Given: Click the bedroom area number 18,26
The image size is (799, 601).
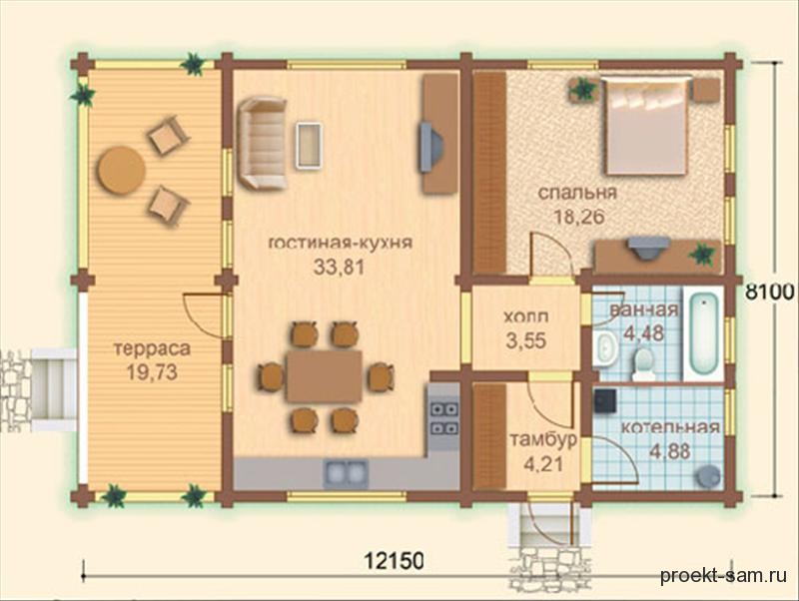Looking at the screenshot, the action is (x=578, y=217).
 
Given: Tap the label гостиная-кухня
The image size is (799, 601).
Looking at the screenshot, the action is (x=340, y=243).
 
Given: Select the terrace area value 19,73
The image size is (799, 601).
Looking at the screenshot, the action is (x=152, y=372).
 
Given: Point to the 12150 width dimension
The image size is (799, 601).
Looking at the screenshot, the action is (x=394, y=561).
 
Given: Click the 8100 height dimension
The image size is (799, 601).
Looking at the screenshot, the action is (x=770, y=293).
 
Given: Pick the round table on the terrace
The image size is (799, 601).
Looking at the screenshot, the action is (x=121, y=170).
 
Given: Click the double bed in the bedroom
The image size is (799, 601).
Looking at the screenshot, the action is (x=645, y=126).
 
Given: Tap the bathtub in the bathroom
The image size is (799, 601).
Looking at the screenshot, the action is (x=703, y=332).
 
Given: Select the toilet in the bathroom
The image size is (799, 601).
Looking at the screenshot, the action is (x=643, y=364).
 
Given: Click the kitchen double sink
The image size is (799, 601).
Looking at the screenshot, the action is (x=346, y=472).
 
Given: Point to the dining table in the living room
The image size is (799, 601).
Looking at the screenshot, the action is (x=324, y=376).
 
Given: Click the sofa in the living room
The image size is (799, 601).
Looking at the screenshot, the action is (x=263, y=144).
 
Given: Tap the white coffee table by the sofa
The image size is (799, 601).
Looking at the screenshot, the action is (x=309, y=145).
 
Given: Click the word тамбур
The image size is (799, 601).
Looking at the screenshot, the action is (x=542, y=439).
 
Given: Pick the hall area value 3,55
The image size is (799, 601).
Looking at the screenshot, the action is (x=526, y=340).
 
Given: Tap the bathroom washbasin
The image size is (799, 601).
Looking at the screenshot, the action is (x=604, y=347).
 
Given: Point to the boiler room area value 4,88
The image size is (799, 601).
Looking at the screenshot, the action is (x=670, y=451).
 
